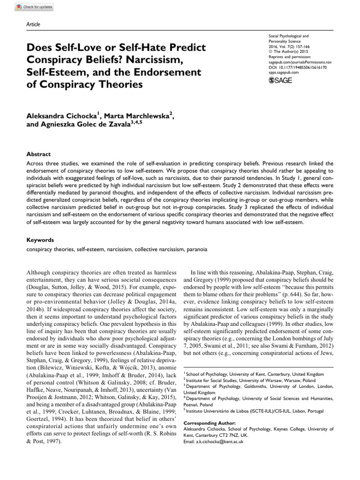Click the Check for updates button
(x=35, y=7)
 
